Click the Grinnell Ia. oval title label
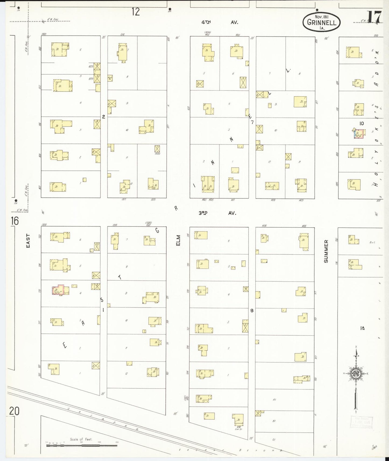point(321,22)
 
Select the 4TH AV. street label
point(220,23)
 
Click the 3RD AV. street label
point(217,213)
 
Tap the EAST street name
point(28,241)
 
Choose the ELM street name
point(178,240)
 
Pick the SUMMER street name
point(326,251)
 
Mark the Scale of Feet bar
point(81,445)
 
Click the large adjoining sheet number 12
point(136,12)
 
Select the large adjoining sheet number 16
point(15,221)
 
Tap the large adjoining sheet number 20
point(14,411)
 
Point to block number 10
point(362,123)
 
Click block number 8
point(252,310)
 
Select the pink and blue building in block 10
point(360,133)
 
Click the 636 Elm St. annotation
point(238,427)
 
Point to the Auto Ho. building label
point(110,78)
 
